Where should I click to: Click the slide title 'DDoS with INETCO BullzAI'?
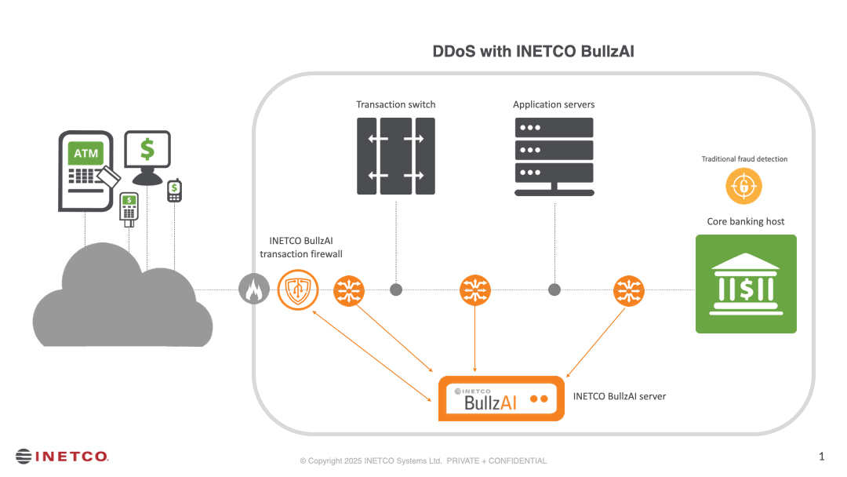tap(533, 53)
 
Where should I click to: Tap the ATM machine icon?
tap(85, 171)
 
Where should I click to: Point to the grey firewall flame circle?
tap(253, 290)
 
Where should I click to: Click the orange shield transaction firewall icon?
tap(298, 290)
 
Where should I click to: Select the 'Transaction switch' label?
tap(395, 104)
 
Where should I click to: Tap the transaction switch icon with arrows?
tap(395, 156)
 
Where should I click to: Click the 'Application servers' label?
tap(554, 104)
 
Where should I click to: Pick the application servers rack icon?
tap(554, 156)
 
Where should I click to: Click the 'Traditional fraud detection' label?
tap(744, 159)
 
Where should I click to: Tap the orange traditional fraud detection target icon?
tap(743, 187)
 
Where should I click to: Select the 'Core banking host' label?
tap(746, 221)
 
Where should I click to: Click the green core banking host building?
tap(746, 284)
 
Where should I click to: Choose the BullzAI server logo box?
tap(501, 399)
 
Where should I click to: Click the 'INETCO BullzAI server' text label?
tap(620, 396)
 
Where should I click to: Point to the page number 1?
tap(821, 456)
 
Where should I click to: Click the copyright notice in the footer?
tap(423, 461)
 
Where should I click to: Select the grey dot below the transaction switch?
tap(396, 289)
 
